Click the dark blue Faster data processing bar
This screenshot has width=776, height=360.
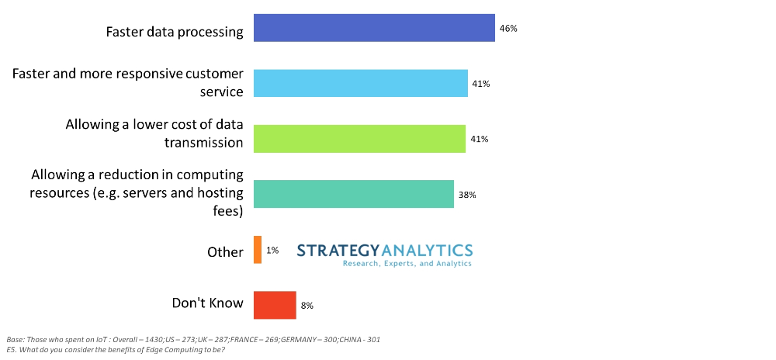click(374, 28)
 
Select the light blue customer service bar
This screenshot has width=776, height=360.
click(361, 83)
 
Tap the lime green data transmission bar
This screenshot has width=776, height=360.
click(359, 139)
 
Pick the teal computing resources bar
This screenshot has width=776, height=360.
click(354, 194)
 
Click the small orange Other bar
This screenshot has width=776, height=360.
click(258, 250)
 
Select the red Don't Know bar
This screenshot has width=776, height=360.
click(275, 305)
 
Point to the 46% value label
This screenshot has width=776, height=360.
click(508, 29)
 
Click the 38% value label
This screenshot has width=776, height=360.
click(466, 195)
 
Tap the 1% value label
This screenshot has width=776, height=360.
click(272, 251)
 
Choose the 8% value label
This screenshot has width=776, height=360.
click(307, 306)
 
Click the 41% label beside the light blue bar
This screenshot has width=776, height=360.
click(480, 84)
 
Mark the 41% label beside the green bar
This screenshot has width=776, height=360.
click(479, 140)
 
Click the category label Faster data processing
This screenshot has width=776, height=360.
click(175, 33)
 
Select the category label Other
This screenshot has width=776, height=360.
click(225, 252)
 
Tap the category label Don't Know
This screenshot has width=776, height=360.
click(207, 303)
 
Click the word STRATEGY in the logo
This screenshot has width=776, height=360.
click(339, 250)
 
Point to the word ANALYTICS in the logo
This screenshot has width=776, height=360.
click(428, 250)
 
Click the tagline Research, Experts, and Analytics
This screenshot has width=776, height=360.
click(407, 264)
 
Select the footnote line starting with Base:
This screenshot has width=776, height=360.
click(193, 340)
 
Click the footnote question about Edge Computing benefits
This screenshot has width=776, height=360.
click(116, 350)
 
